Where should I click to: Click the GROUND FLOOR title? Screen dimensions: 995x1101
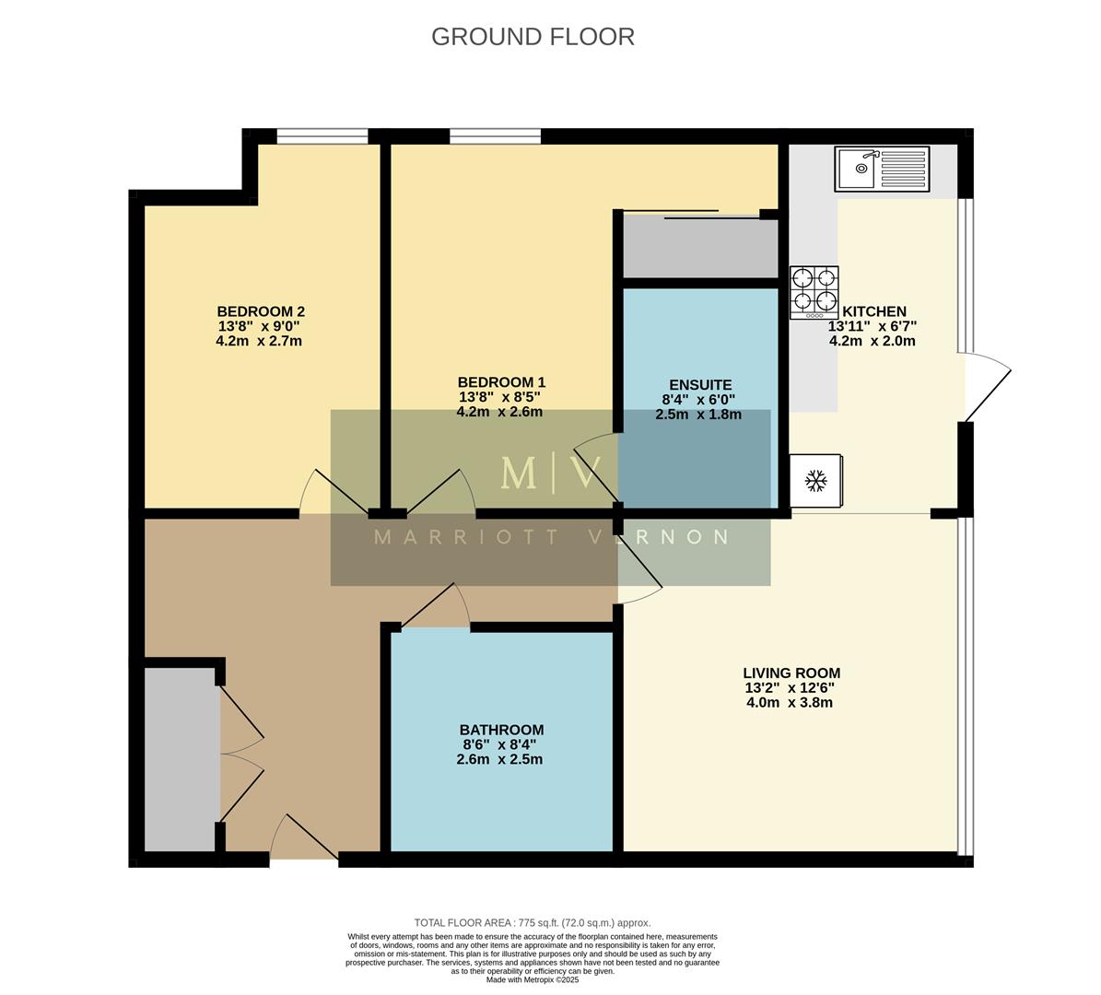click(x=533, y=37)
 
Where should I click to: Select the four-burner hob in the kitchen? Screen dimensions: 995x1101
click(x=814, y=291)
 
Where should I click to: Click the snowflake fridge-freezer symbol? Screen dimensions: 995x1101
click(x=815, y=480)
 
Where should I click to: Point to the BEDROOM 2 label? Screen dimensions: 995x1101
click(x=260, y=311)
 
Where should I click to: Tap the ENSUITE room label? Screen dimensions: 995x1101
click(x=699, y=385)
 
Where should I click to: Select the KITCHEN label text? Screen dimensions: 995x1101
click(x=874, y=311)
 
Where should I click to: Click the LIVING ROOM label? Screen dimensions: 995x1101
click(x=791, y=673)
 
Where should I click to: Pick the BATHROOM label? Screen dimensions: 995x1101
click(x=502, y=730)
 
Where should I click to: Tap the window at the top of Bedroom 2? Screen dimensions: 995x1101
click(x=322, y=137)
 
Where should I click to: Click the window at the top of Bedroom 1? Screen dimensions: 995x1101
click(x=495, y=137)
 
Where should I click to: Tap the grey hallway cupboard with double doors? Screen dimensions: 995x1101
click(x=182, y=760)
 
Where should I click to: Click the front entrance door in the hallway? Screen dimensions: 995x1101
click(x=304, y=838)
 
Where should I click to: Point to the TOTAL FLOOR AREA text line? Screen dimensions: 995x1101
click(x=533, y=922)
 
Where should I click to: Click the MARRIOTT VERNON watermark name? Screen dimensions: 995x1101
click(x=551, y=537)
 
